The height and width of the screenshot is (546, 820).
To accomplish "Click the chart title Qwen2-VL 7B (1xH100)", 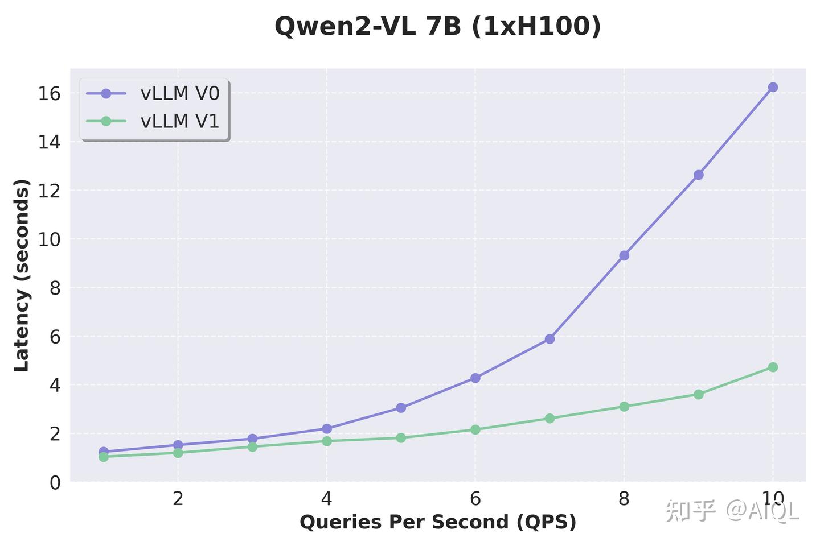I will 437,27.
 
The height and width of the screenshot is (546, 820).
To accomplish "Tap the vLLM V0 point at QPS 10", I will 773,87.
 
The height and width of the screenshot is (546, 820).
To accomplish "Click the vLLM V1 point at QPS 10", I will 773,367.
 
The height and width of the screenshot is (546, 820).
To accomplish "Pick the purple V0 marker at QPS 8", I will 624,255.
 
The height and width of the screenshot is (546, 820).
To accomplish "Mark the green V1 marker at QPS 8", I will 624,407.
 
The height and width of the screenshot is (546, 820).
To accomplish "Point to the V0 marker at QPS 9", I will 699,175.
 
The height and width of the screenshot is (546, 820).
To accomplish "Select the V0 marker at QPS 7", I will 550,339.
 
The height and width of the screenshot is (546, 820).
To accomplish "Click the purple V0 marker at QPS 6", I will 475,378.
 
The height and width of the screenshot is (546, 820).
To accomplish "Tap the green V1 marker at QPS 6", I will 475,429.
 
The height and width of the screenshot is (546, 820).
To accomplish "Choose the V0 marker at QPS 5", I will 401,408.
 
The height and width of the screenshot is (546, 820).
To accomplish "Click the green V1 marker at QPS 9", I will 699,394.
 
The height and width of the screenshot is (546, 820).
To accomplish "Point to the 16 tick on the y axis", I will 50,93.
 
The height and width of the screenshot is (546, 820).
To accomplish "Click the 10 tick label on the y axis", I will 50,239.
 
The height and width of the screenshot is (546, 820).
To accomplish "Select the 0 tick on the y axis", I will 55,483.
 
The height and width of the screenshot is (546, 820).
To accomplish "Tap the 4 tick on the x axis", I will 326,499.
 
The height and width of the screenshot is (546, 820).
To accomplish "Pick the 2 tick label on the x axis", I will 178,499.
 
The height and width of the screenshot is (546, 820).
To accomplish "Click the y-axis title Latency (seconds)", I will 22,275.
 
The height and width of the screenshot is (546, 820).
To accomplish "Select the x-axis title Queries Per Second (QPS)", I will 437,522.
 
